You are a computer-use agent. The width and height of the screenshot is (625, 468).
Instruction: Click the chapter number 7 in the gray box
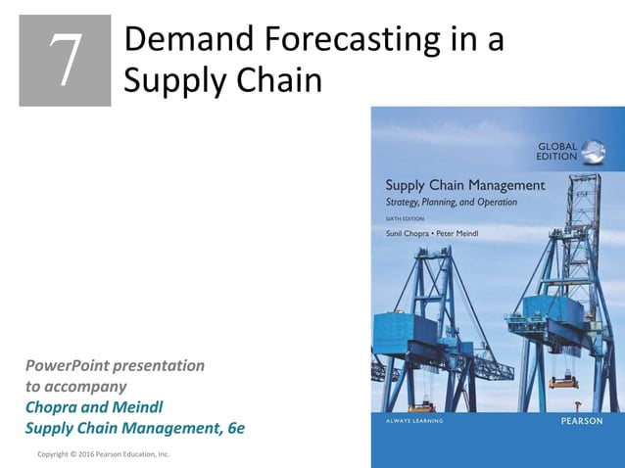[66, 61]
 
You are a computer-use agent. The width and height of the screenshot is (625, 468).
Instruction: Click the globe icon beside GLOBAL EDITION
[593, 152]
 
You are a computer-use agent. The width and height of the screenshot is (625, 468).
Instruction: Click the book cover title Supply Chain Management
[464, 185]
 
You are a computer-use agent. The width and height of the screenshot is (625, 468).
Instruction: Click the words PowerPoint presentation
[115, 365]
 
